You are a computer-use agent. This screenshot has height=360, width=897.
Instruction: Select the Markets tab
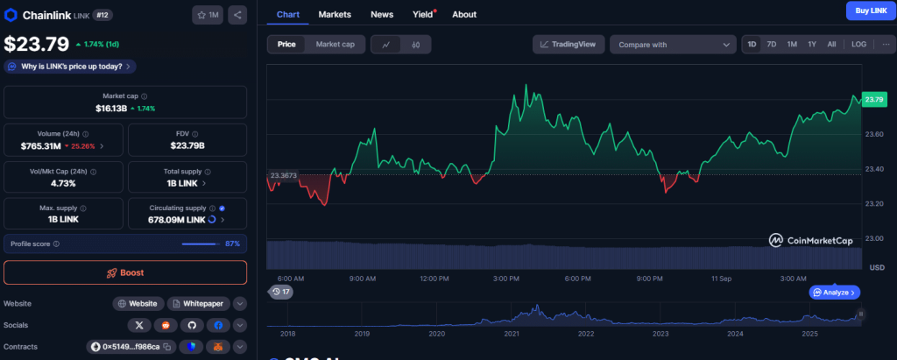[x=335, y=15]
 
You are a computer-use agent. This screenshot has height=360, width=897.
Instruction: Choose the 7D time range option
[x=772, y=44]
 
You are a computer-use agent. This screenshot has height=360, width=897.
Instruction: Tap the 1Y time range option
[x=812, y=44]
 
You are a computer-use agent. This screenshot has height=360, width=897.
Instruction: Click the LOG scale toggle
[x=858, y=44]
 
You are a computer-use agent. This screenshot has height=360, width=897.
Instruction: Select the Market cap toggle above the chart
[x=335, y=44]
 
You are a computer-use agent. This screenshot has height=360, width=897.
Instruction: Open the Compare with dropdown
[x=673, y=45]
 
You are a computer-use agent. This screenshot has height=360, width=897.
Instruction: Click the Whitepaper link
[x=200, y=303]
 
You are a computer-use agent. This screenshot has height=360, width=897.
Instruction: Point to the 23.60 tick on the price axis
[x=873, y=134]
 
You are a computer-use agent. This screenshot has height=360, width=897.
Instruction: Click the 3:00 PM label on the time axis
[x=507, y=279]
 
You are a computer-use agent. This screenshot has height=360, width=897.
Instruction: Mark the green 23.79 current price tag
[x=873, y=100]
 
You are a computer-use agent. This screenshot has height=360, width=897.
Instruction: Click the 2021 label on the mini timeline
[x=512, y=334]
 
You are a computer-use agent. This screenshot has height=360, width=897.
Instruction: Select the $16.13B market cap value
[x=112, y=109]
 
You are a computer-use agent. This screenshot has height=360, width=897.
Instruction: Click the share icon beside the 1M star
[x=239, y=15]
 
